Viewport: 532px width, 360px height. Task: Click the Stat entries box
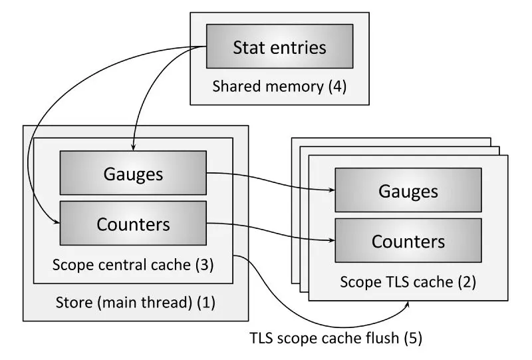[279, 47]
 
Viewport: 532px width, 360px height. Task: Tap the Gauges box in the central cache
[133, 172]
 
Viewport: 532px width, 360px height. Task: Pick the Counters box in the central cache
[133, 224]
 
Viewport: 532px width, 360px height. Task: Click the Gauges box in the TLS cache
[408, 190]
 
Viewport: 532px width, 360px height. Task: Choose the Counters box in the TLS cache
[408, 240]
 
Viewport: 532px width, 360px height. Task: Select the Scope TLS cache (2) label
[408, 281]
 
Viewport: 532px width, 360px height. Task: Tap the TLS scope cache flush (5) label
[335, 338]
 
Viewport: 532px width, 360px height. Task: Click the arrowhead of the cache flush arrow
[407, 304]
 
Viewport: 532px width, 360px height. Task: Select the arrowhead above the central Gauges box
[134, 146]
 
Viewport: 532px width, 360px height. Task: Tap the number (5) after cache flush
[413, 338]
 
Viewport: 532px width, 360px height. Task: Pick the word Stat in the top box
[247, 47]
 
